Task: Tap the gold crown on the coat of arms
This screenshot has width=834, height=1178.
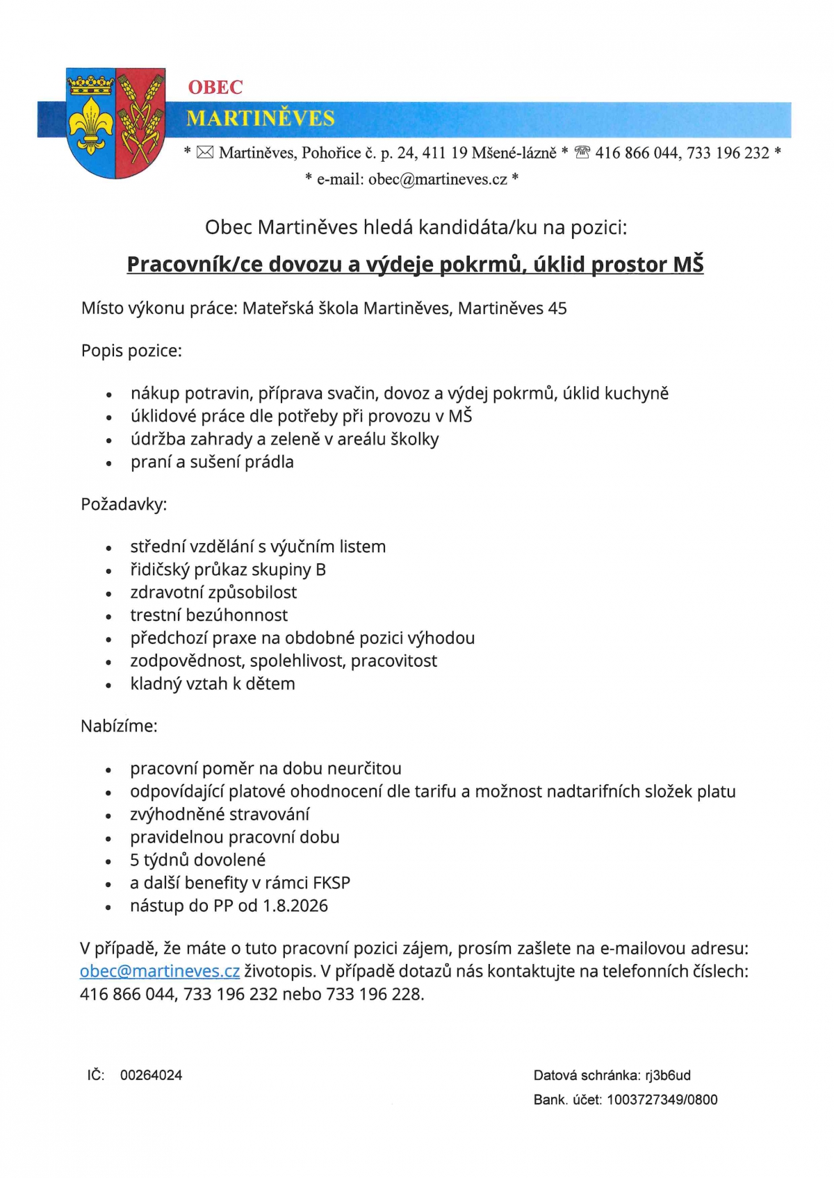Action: (x=90, y=85)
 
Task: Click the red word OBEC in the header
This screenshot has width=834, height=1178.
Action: (x=215, y=88)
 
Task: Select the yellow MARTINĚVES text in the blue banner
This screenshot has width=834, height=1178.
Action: (x=261, y=119)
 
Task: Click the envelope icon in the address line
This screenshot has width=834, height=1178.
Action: (x=204, y=153)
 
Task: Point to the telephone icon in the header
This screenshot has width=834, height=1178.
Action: (x=582, y=153)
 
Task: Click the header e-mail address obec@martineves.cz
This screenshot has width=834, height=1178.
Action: (x=438, y=179)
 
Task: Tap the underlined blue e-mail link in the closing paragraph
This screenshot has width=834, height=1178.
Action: (x=160, y=971)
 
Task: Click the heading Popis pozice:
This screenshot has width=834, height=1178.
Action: (x=131, y=351)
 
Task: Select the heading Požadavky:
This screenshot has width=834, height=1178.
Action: (x=124, y=504)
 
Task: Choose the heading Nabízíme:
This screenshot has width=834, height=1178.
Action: (x=119, y=727)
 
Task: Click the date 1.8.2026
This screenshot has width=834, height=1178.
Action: (x=295, y=906)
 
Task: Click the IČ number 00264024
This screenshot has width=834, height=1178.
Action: (x=151, y=1075)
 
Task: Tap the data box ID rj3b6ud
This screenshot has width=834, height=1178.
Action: (x=668, y=1075)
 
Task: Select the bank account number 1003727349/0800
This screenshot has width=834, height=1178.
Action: (x=662, y=1100)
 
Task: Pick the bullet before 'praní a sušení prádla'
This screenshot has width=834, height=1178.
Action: (x=108, y=463)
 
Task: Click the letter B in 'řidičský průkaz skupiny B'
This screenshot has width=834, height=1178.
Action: (x=320, y=570)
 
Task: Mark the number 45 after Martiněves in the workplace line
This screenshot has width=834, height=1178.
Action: (x=557, y=308)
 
